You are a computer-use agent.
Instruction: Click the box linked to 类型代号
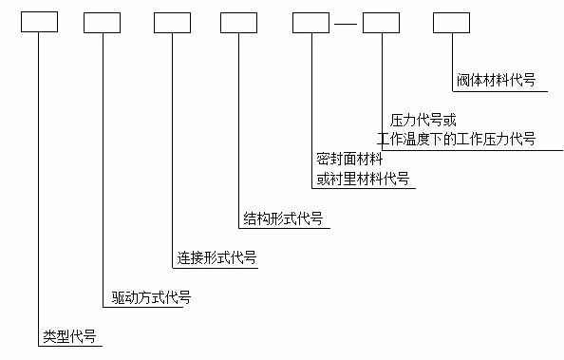pos(41,21)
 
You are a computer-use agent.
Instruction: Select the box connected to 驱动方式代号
pos(102,21)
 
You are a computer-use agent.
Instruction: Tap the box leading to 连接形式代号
pos(172,21)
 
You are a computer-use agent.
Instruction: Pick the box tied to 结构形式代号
pos(238,21)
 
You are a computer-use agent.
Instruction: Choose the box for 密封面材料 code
pos(310,21)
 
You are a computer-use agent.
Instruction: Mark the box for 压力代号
pos(381,21)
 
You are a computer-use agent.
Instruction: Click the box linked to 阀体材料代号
pos(451,21)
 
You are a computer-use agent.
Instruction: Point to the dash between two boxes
pos(346,22)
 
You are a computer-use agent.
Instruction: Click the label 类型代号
pos(70,336)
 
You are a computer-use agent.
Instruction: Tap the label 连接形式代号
pos(216,257)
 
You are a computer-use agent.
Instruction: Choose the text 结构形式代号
pos(284,218)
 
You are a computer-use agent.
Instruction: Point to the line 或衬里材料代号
pos(364,178)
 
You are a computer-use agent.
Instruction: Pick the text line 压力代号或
pos(423,121)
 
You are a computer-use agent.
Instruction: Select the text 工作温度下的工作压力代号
pos(457,139)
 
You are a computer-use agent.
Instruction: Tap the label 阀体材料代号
pos(497,81)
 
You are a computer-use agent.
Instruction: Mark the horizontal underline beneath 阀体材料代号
pos(499,91)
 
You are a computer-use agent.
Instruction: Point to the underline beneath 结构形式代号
pos(284,229)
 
